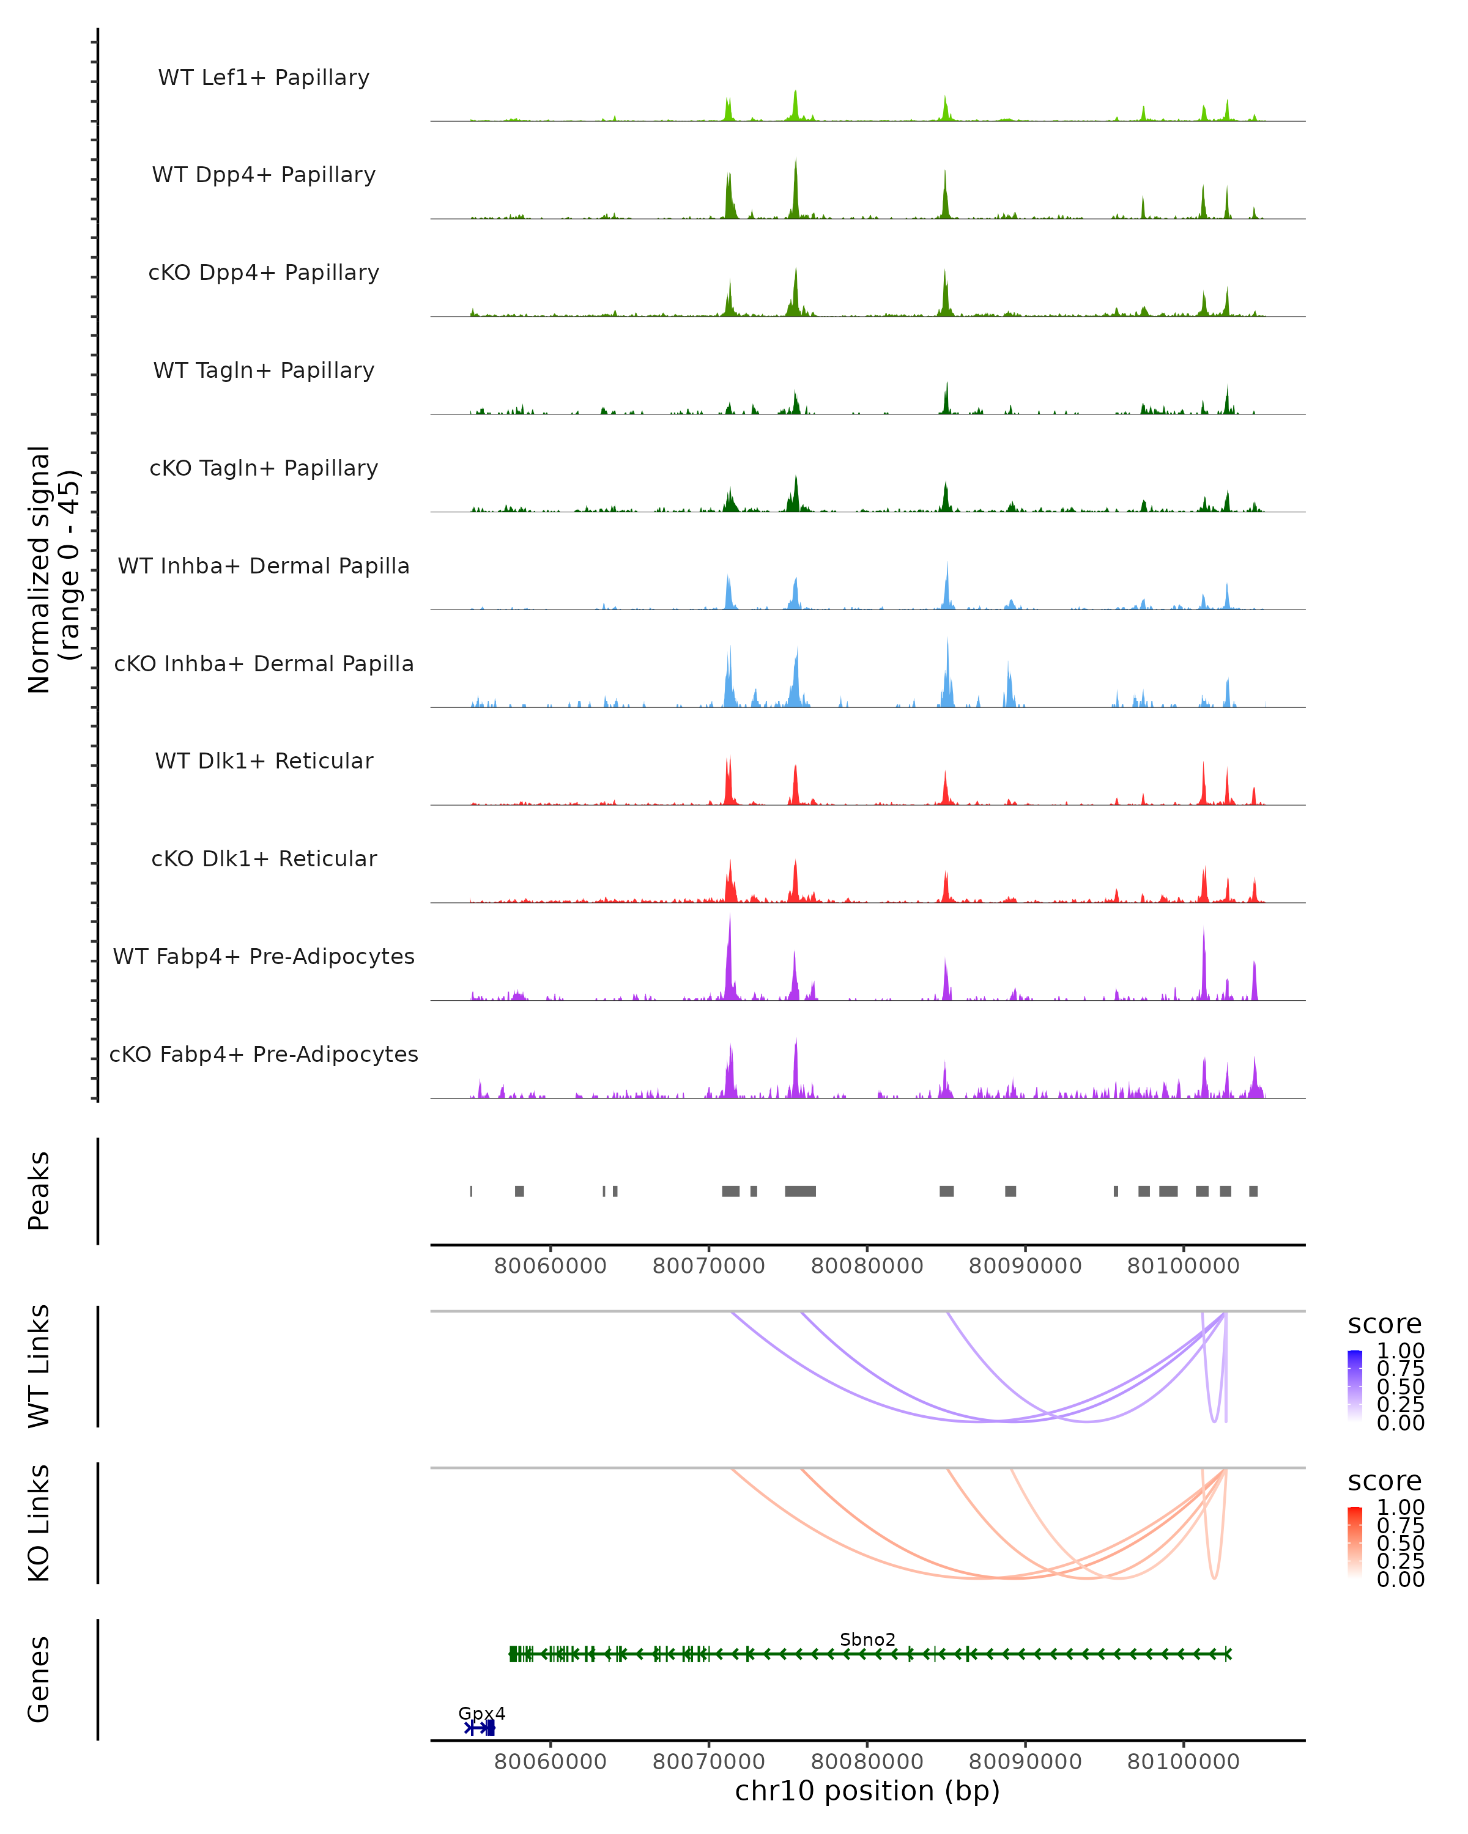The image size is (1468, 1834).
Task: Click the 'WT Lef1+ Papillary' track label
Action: tap(264, 78)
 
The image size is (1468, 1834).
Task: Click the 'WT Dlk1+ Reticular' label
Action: tap(264, 760)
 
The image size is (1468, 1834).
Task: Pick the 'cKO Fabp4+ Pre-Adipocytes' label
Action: tap(264, 1054)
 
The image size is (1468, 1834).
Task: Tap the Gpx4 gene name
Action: tap(481, 1713)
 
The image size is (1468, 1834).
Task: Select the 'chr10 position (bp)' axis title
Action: tap(867, 1791)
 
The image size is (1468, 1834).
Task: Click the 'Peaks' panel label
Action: tap(39, 1191)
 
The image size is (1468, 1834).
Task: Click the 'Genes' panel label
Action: tap(39, 1679)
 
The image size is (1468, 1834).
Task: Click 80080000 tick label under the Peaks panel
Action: tap(867, 1266)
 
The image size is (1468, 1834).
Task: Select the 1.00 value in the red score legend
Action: tap(1401, 1508)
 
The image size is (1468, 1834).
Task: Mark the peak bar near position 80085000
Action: tap(946, 1191)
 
